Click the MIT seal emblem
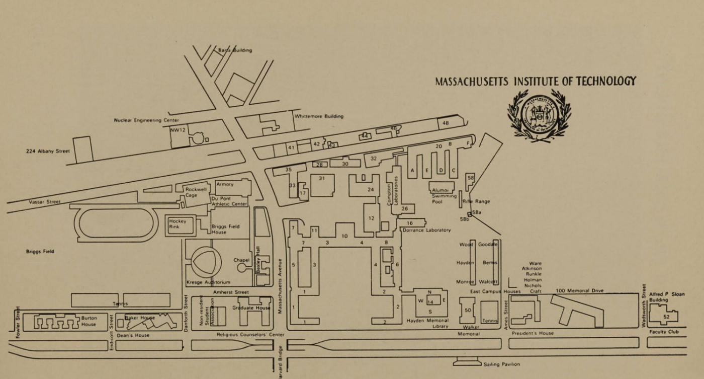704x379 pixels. point(539,115)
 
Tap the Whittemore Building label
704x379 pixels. point(319,116)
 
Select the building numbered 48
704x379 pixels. point(446,123)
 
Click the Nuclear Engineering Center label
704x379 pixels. point(146,120)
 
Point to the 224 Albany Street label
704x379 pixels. point(48,150)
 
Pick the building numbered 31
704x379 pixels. point(322,185)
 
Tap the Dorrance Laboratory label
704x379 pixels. point(427,230)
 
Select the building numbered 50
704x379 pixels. point(468,311)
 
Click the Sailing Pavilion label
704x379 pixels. point(501,364)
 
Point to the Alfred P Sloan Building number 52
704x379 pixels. point(666,316)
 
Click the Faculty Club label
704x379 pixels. point(664,332)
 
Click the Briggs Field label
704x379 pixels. point(40,251)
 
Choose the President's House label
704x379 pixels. point(532,333)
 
